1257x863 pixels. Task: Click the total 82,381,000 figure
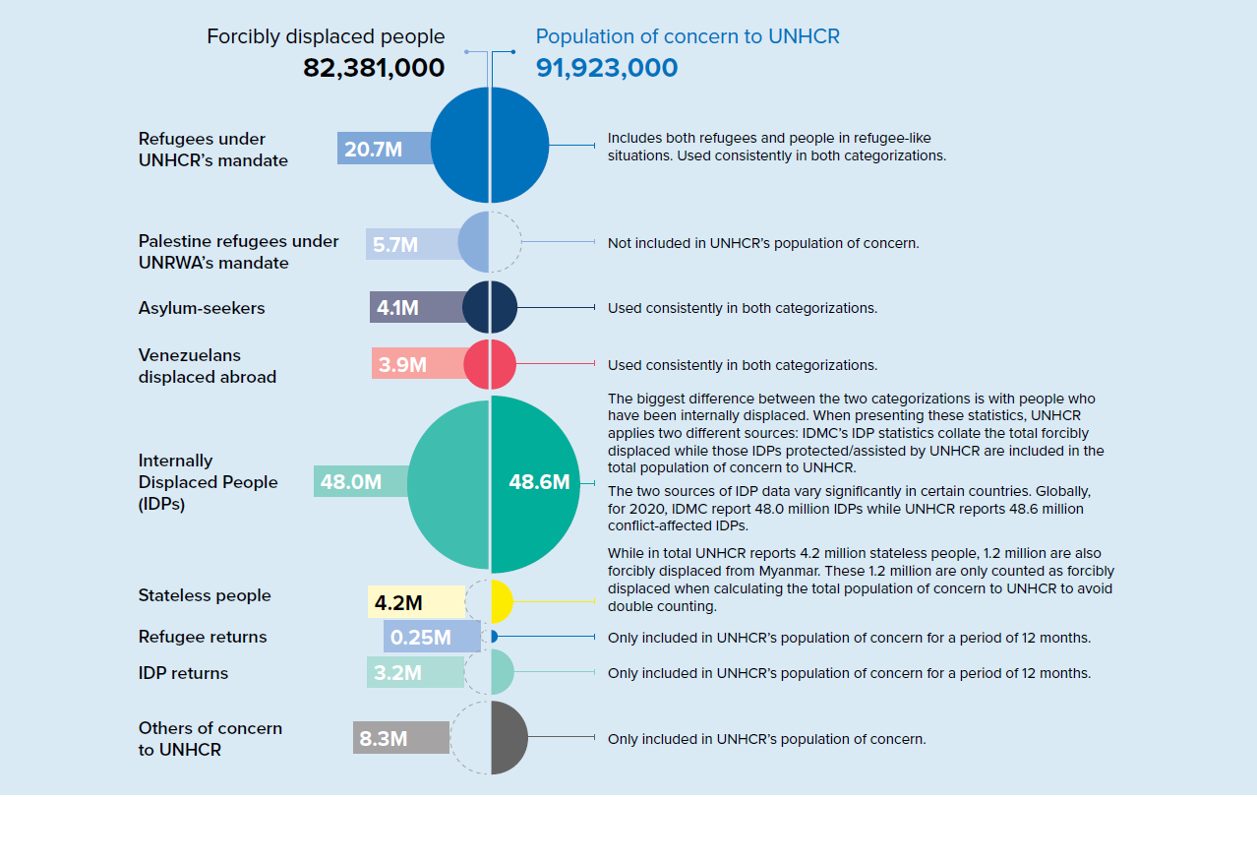click(374, 68)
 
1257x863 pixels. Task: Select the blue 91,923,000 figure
click(607, 68)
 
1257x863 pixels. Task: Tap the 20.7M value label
click(373, 150)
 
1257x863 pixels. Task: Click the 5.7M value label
click(395, 245)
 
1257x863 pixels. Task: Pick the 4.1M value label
click(397, 308)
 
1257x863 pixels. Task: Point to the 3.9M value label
click(402, 365)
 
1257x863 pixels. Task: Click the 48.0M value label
click(351, 482)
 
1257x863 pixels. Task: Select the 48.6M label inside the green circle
click(539, 482)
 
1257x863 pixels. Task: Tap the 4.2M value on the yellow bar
click(398, 602)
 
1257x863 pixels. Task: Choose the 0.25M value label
click(421, 638)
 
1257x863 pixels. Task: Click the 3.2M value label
click(397, 673)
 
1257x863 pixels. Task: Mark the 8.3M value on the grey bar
click(384, 738)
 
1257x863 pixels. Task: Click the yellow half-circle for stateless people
click(501, 601)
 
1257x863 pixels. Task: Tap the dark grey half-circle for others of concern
click(508, 737)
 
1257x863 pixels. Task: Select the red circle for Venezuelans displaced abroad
click(490, 364)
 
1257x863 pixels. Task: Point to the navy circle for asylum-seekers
click(490, 307)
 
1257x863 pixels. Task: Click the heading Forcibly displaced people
click(326, 36)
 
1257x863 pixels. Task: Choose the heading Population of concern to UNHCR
click(688, 36)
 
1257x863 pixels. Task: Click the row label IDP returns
click(183, 673)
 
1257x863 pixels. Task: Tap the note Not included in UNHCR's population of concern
click(763, 243)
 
